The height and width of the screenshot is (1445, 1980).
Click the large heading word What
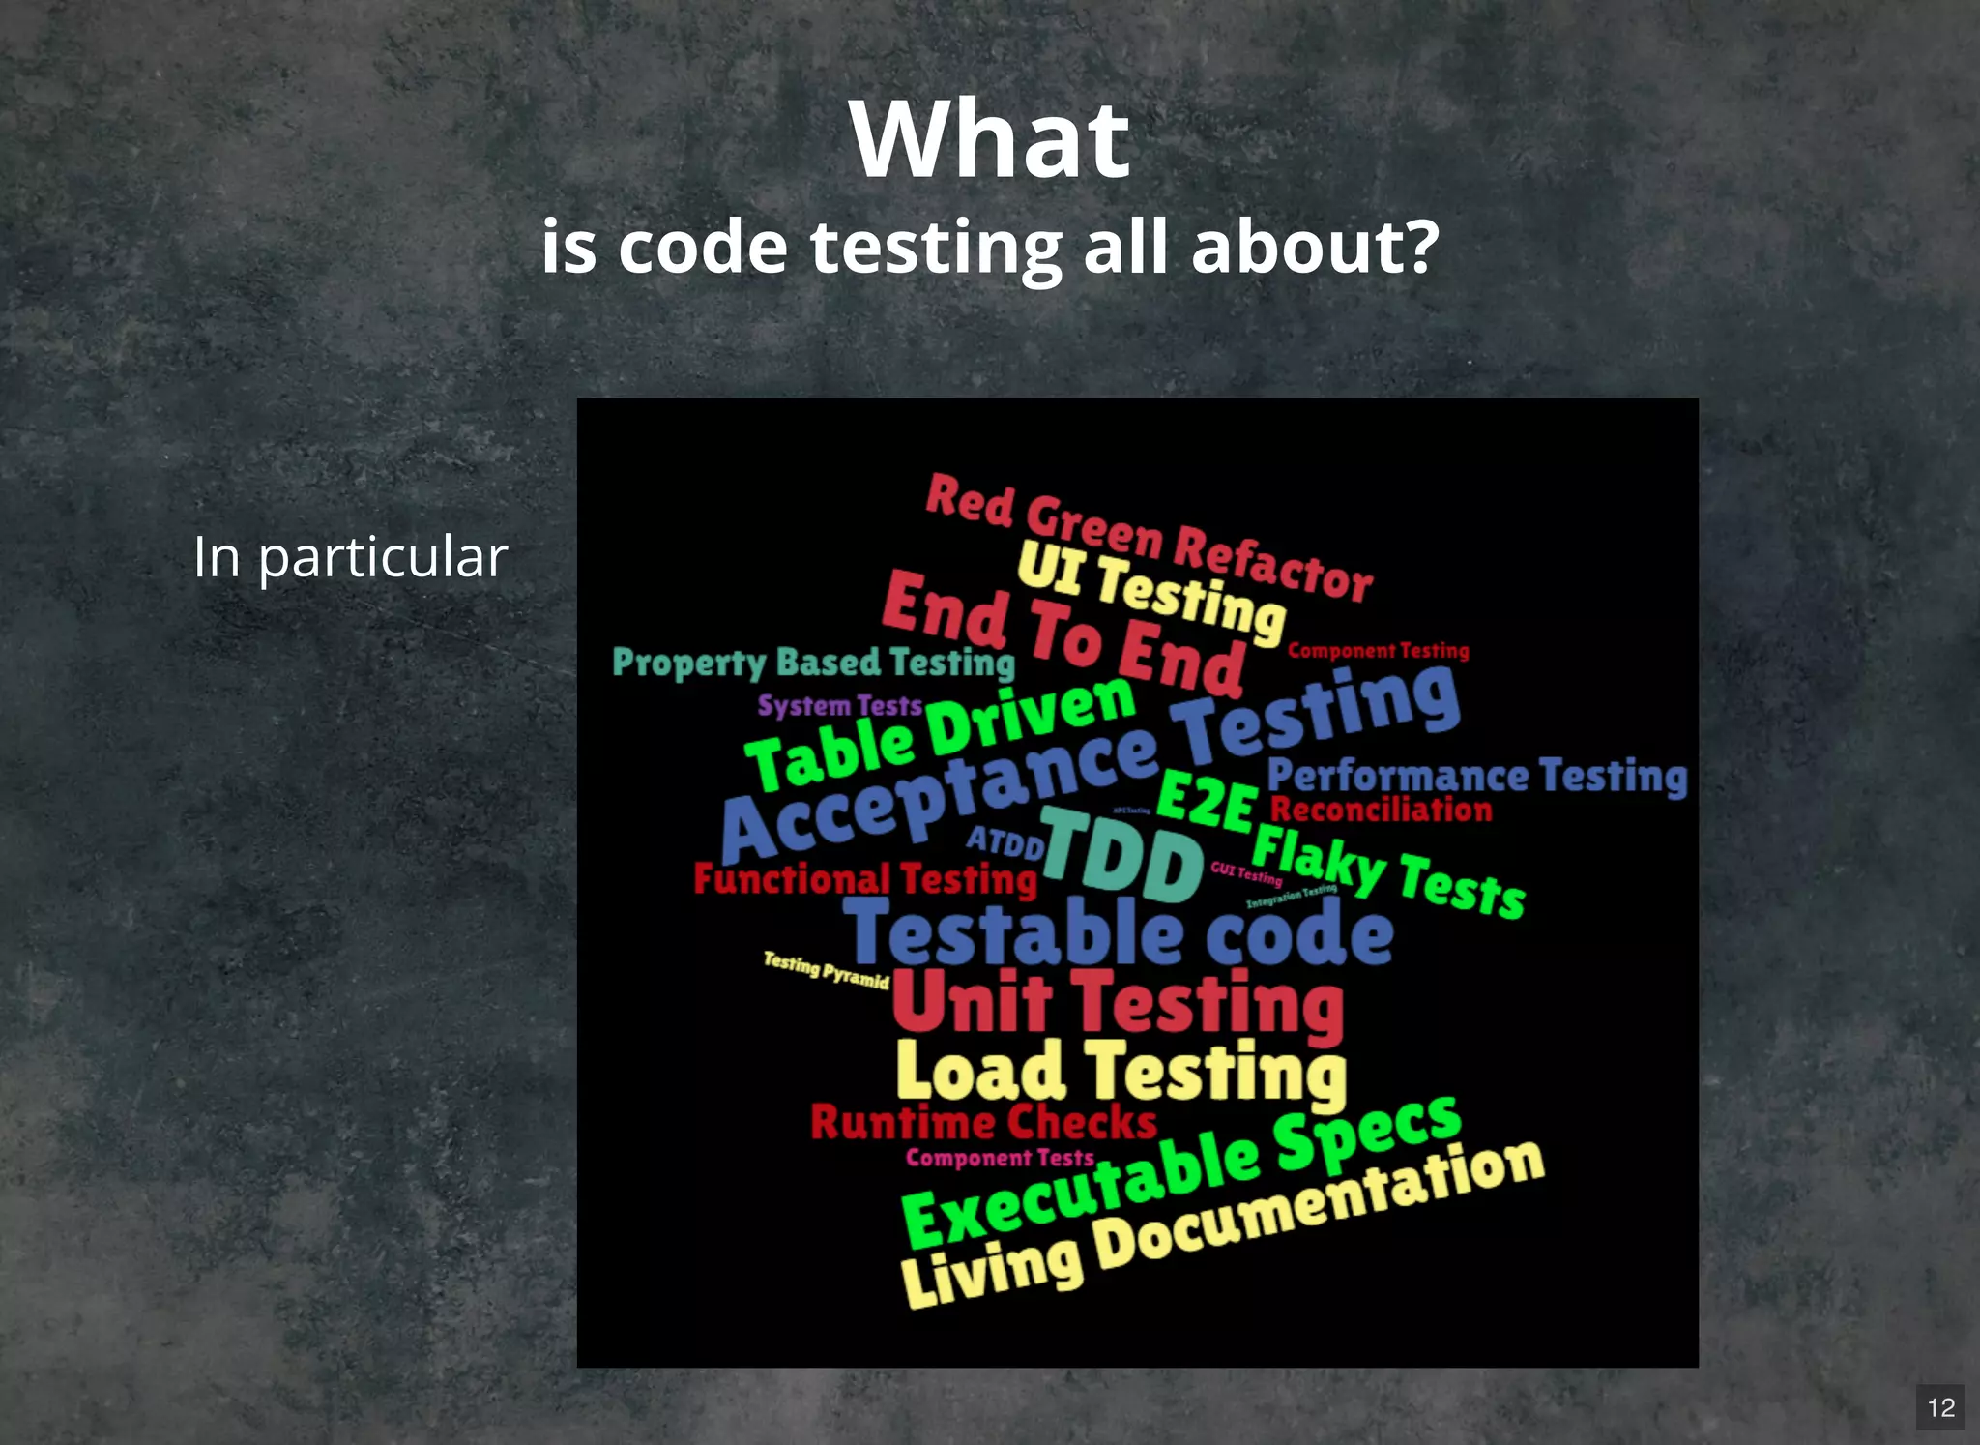990,140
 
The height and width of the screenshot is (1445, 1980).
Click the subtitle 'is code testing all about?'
990,247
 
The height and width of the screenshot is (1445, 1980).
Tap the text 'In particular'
350,557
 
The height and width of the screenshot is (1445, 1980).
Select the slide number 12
1940,1407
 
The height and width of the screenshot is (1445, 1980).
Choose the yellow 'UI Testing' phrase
1150,591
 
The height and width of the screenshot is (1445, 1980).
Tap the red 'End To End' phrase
1063,634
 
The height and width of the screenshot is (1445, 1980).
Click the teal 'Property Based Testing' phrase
813,664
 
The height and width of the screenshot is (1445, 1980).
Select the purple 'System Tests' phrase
839,706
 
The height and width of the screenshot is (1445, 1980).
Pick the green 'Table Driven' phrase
941,735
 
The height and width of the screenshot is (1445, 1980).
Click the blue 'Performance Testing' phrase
1476,777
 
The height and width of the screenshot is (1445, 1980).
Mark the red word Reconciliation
1381,810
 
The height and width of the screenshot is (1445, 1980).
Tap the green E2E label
1207,801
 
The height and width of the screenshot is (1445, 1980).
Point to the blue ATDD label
1005,843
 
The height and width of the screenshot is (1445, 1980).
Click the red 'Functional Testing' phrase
864,879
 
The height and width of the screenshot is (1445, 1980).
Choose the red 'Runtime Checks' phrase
983,1122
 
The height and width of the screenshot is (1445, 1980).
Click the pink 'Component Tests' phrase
1000,1158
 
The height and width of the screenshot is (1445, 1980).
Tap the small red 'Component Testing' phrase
1378,651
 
